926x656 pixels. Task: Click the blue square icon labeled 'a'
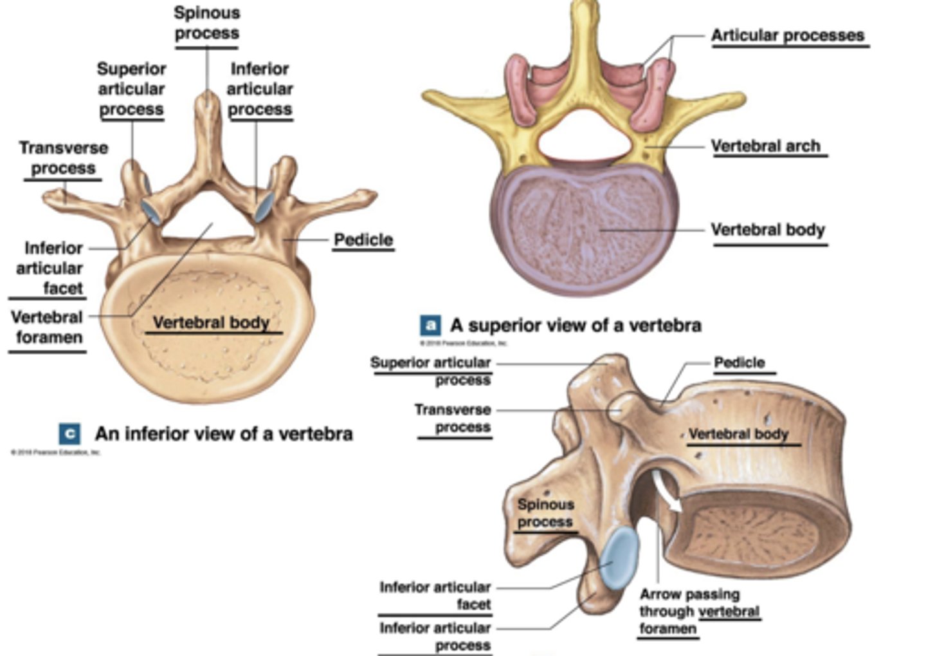pyautogui.click(x=430, y=325)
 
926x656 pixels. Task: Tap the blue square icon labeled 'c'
pyautogui.click(x=69, y=434)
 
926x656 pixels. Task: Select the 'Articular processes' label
pyautogui.click(x=788, y=36)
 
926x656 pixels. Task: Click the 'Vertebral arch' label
pyautogui.click(x=765, y=147)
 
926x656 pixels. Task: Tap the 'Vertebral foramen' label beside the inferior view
pyautogui.click(x=47, y=327)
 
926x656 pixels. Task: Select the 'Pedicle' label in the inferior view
pyautogui.click(x=363, y=240)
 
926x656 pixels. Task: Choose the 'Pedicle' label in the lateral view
pyautogui.click(x=740, y=363)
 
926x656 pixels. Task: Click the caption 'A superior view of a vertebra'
pyautogui.click(x=576, y=326)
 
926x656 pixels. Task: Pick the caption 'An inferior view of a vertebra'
pyautogui.click(x=224, y=434)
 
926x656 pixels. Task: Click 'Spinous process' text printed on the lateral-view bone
pyautogui.click(x=545, y=513)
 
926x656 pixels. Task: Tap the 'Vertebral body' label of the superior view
pyautogui.click(x=767, y=230)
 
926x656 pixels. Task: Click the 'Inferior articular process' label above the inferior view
pyautogui.click(x=260, y=89)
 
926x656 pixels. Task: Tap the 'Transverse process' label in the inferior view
pyautogui.click(x=63, y=158)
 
